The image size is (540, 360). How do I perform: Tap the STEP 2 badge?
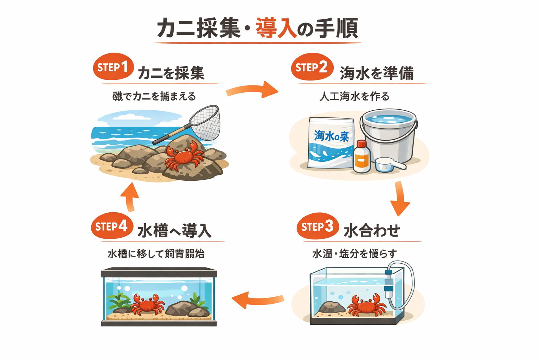pyautogui.click(x=312, y=67)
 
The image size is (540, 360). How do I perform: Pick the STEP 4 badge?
pyautogui.click(x=112, y=226)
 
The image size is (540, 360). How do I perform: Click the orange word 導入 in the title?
pyautogui.click(x=276, y=28)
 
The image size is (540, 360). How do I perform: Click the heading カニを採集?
pyautogui.click(x=171, y=73)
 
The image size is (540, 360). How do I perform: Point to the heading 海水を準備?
pyautogui.click(x=377, y=73)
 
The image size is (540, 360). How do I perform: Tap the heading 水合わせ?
pyautogui.click(x=372, y=231)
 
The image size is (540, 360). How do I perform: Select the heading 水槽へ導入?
pyautogui.click(x=174, y=231)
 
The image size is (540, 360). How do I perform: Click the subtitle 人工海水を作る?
pyautogui.click(x=354, y=96)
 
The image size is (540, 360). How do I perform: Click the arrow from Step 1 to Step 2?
pyautogui.click(x=252, y=90)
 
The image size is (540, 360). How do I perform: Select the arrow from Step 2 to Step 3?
pyautogui.click(x=400, y=199)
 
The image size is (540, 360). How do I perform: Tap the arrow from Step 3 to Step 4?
pyautogui.click(x=257, y=300)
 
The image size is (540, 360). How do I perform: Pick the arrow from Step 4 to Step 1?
pyautogui.click(x=130, y=197)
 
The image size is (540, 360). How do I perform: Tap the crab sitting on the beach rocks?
pyautogui.click(x=184, y=156)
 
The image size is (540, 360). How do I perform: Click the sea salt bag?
pyautogui.click(x=330, y=142)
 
